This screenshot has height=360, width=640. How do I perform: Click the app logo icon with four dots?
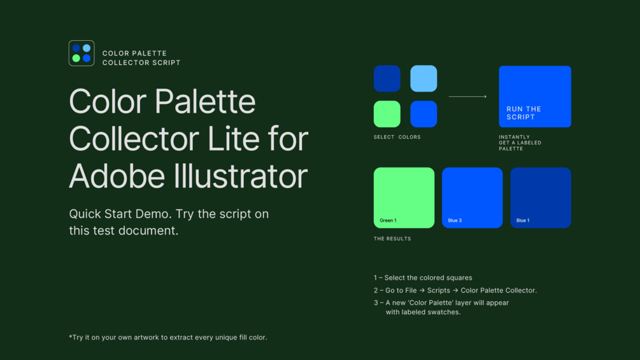coord(82,53)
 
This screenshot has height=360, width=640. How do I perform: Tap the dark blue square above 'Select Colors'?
coord(387,78)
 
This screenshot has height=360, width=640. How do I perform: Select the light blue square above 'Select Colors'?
coord(423,78)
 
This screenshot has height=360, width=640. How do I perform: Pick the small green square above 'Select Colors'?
coord(387,114)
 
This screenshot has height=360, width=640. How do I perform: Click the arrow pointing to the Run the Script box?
coord(468,96)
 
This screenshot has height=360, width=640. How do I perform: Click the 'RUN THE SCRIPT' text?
coord(523,113)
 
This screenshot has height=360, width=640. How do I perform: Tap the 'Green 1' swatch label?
coord(388,220)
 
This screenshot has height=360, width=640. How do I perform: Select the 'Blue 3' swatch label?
coord(455,220)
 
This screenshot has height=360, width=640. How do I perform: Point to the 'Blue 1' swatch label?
coord(523,220)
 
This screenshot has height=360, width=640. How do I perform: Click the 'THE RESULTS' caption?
coord(392,239)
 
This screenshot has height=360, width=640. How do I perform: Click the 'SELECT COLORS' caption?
coord(397,137)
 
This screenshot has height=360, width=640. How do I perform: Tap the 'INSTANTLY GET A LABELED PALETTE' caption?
coord(520,143)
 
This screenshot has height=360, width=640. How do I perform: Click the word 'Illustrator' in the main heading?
coord(241,176)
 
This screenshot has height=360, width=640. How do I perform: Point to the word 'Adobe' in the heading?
coord(117,176)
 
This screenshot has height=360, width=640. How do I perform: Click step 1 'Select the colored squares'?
coord(423,278)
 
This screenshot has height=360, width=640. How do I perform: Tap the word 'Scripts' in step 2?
coord(438,290)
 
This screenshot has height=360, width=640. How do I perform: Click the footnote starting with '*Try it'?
coord(168,337)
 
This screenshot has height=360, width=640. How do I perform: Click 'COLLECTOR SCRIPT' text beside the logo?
coord(141,62)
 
